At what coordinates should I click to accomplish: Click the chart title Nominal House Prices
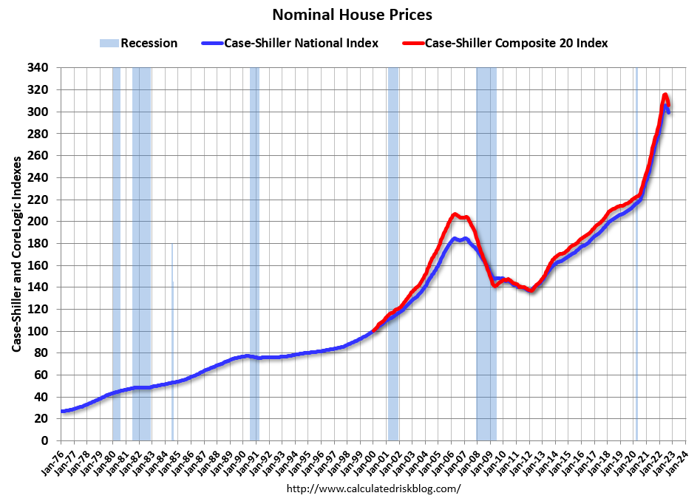coord(352,15)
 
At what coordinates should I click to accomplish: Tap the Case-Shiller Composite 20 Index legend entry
coord(516,43)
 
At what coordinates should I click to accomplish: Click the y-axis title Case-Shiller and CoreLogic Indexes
coord(16,253)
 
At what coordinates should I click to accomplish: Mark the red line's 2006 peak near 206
coord(455,214)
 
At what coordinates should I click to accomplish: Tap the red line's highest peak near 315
coord(665,95)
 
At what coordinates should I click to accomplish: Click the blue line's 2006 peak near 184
coord(456,239)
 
